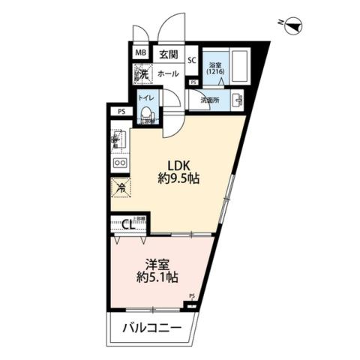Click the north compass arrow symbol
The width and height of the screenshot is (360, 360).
coord(295,25)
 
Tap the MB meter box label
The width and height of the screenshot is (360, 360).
coord(140,53)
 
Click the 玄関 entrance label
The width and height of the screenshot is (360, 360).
coord(168,54)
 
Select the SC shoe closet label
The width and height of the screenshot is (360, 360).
coord(191,61)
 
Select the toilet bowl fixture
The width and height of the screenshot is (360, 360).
coord(147,115)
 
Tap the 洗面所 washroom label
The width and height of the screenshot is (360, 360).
coord(209,100)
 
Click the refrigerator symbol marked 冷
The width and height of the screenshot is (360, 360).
coord(120,187)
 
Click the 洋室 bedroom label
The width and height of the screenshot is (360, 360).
coord(156,263)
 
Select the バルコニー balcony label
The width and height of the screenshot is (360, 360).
coord(153,328)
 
